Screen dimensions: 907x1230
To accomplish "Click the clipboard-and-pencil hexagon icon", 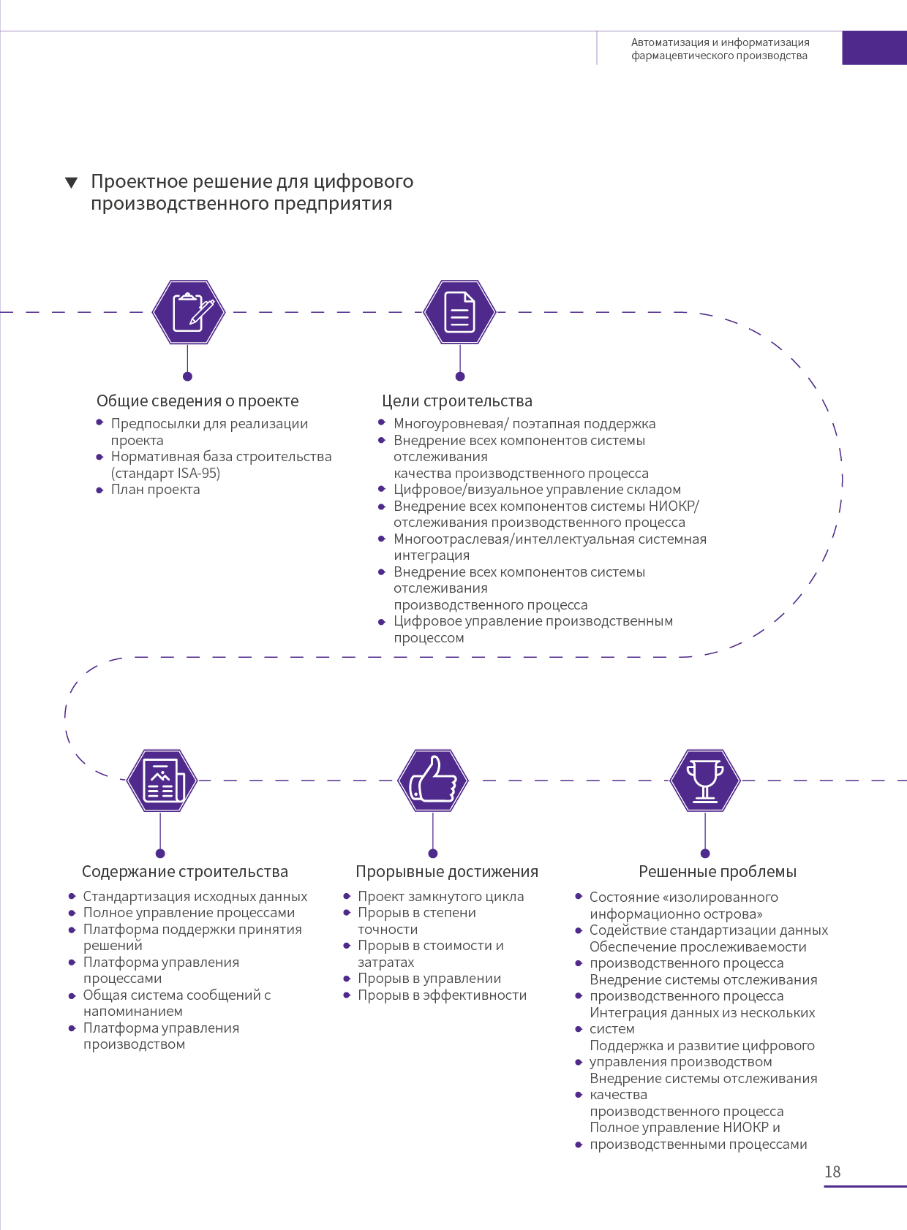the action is click(189, 312).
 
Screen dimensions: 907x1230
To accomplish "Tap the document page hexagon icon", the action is click(460, 312).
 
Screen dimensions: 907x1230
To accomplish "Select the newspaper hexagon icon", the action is click(162, 781).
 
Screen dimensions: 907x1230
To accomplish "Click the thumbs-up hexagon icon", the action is click(433, 781).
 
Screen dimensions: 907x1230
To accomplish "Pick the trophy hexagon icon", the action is click(705, 781).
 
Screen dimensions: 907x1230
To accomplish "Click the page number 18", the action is click(832, 1172).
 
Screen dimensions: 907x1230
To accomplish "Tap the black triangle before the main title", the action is click(71, 182).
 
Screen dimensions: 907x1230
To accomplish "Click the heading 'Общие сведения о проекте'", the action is click(197, 400).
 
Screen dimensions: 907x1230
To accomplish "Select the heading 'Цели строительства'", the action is click(457, 400).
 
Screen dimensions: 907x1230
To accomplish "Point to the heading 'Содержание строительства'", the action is click(185, 871).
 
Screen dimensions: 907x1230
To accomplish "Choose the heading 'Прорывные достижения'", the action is click(447, 871).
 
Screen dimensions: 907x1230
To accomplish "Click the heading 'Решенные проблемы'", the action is click(718, 871).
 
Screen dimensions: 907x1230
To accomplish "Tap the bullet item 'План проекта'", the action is click(156, 489).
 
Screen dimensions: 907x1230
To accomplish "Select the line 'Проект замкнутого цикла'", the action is click(441, 897).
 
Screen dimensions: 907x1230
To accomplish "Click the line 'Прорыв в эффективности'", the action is click(442, 995).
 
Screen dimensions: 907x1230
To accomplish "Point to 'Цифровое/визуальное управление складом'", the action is click(537, 489).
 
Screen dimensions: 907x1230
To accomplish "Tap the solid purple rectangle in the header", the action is click(875, 48).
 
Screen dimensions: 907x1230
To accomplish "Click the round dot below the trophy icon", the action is click(705, 854).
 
